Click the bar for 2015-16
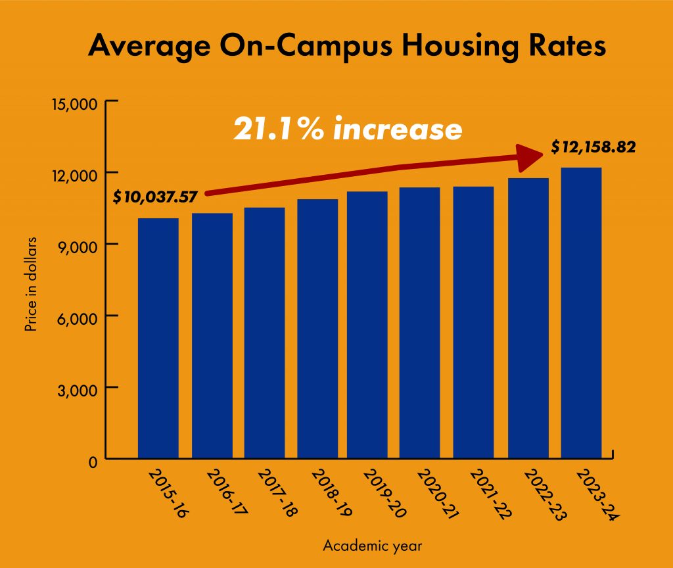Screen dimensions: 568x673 click(x=158, y=338)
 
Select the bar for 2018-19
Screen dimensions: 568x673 click(x=317, y=329)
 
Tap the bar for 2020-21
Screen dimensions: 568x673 click(x=419, y=323)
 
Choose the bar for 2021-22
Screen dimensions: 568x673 click(x=473, y=322)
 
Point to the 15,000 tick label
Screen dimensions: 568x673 click(x=74, y=104)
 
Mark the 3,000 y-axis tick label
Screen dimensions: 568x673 click(x=79, y=389)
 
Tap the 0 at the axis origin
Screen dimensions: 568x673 click(x=93, y=460)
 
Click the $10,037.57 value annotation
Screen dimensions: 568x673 click(x=155, y=196)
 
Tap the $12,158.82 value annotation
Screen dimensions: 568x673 click(x=593, y=147)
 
